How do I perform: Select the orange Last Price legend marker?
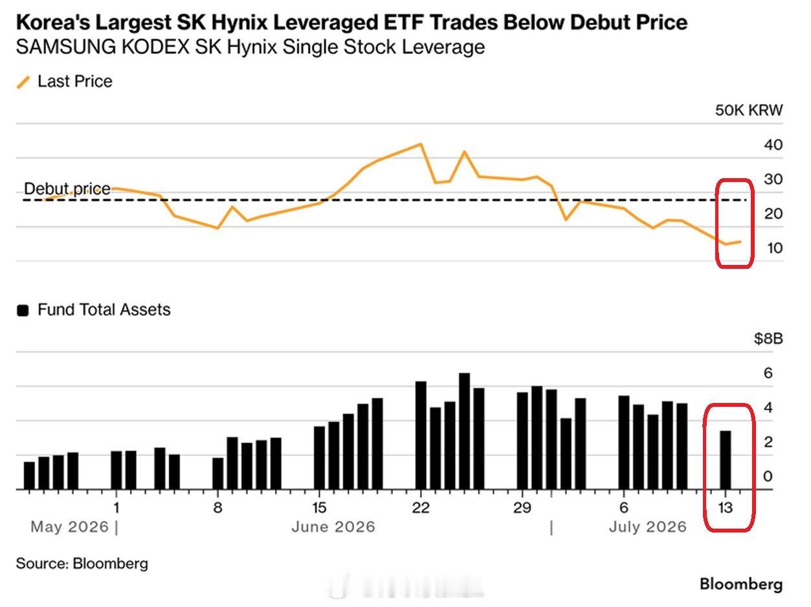(x=23, y=82)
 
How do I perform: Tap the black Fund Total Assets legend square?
(x=23, y=310)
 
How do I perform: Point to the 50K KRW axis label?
(x=749, y=110)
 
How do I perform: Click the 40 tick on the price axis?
(x=773, y=144)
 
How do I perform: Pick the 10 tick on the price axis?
(x=774, y=248)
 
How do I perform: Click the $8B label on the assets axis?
(x=768, y=339)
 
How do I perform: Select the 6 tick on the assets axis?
(x=768, y=373)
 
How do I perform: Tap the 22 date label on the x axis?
(x=421, y=508)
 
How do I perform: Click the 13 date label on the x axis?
(x=725, y=508)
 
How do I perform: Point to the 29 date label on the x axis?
(x=522, y=508)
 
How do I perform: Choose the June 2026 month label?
(x=333, y=527)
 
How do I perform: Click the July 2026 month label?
(x=648, y=527)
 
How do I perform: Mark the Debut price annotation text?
(x=67, y=189)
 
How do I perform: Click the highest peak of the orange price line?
(x=421, y=144)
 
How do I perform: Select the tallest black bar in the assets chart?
(x=465, y=431)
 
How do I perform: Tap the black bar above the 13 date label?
(x=726, y=460)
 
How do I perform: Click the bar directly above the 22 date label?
(x=421, y=435)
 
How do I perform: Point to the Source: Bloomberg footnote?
(x=82, y=564)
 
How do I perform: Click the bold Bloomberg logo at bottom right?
(x=741, y=585)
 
